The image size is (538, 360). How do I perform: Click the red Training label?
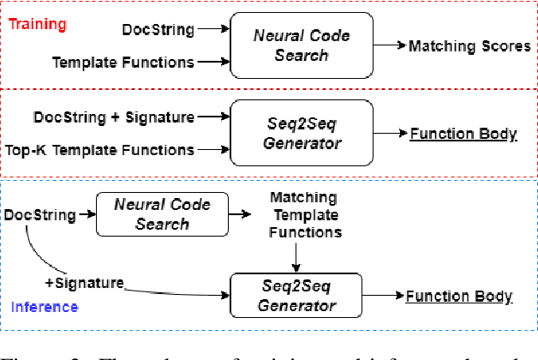[37, 24]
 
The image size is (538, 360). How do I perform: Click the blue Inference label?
[45, 306]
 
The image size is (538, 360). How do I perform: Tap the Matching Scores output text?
[469, 46]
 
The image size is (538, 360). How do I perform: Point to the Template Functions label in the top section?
[123, 63]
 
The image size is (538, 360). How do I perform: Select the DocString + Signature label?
[113, 117]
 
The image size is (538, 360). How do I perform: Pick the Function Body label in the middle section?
[463, 134]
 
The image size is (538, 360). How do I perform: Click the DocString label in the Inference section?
[38, 213]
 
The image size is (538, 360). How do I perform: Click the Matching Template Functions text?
[304, 216]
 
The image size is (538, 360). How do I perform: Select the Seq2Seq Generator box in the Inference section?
[296, 296]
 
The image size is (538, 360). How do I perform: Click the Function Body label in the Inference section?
[459, 297]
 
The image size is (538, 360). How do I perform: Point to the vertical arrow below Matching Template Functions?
[296, 256]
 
